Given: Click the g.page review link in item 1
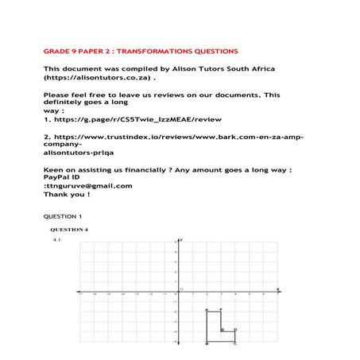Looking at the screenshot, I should coord(135,120).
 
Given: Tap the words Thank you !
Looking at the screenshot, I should coord(67,194).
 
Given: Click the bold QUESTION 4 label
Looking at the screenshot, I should coord(69,230).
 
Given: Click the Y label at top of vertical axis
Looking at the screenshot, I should coord(182,240).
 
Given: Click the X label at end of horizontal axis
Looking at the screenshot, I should coord(277,289).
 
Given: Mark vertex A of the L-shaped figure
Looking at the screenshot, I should coord(207,310).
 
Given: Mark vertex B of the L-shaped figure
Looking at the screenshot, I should coord(207,343).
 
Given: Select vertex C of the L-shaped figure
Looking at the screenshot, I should coord(234,343).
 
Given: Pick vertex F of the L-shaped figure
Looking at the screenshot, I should coord(220,310).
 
